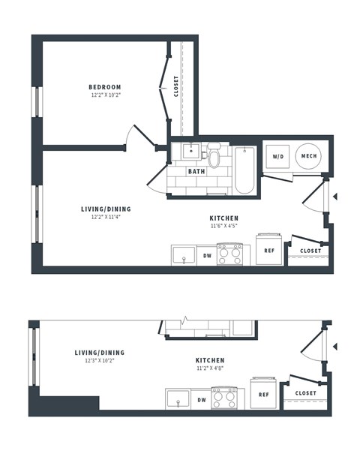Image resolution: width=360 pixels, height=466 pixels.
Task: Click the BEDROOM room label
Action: (106, 87)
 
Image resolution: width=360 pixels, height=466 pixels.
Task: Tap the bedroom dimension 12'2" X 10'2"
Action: (106, 95)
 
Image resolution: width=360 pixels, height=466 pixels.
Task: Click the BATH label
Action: (196, 171)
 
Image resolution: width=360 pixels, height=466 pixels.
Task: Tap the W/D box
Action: (277, 157)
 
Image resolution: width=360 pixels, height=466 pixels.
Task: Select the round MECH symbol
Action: (308, 156)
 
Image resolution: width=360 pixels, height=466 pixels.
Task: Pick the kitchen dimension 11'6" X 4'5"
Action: (224, 225)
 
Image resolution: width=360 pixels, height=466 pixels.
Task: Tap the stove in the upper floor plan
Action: (229, 254)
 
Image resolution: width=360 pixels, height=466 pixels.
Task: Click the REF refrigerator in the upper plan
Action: (268, 251)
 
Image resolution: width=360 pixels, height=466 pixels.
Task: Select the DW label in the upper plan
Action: (207, 256)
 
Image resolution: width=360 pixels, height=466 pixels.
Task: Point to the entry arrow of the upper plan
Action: (335, 197)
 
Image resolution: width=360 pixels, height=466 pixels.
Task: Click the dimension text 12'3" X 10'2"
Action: (100, 360)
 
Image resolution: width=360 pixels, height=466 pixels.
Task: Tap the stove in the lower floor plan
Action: (223, 397)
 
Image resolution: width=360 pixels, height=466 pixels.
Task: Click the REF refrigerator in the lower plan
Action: (263, 393)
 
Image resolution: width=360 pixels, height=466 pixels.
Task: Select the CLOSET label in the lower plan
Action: (305, 393)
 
